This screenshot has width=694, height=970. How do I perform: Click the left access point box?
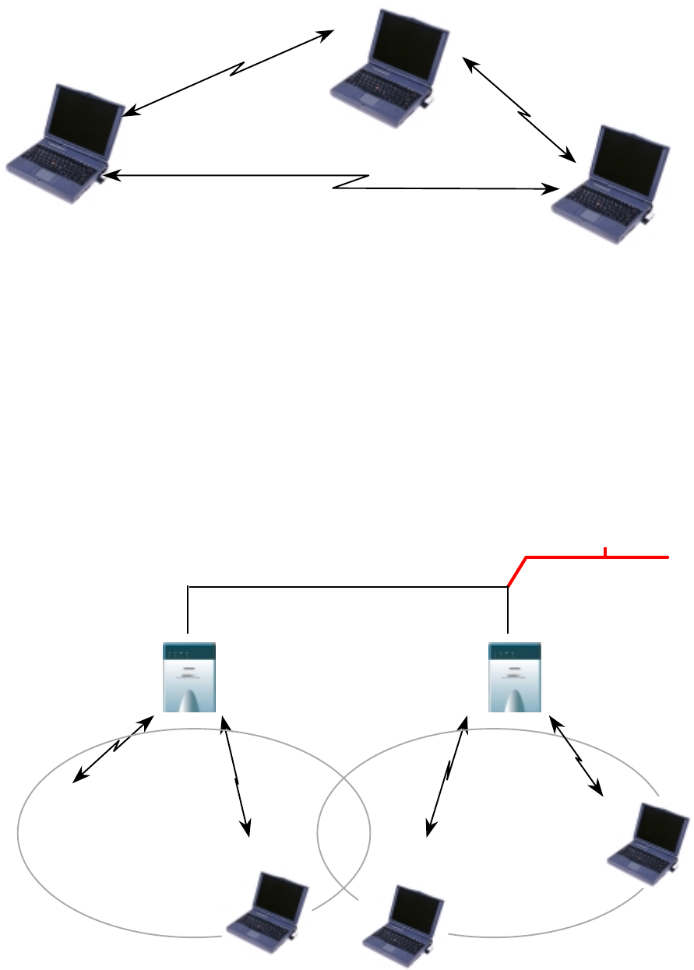pyautogui.click(x=189, y=677)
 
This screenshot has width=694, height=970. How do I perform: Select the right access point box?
pyautogui.click(x=515, y=677)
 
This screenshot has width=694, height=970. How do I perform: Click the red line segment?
pyautogui.click(x=592, y=557)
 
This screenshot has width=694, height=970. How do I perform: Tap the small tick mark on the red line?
pyautogui.click(x=604, y=553)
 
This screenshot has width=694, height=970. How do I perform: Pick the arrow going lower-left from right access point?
pyautogui.click(x=447, y=775)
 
